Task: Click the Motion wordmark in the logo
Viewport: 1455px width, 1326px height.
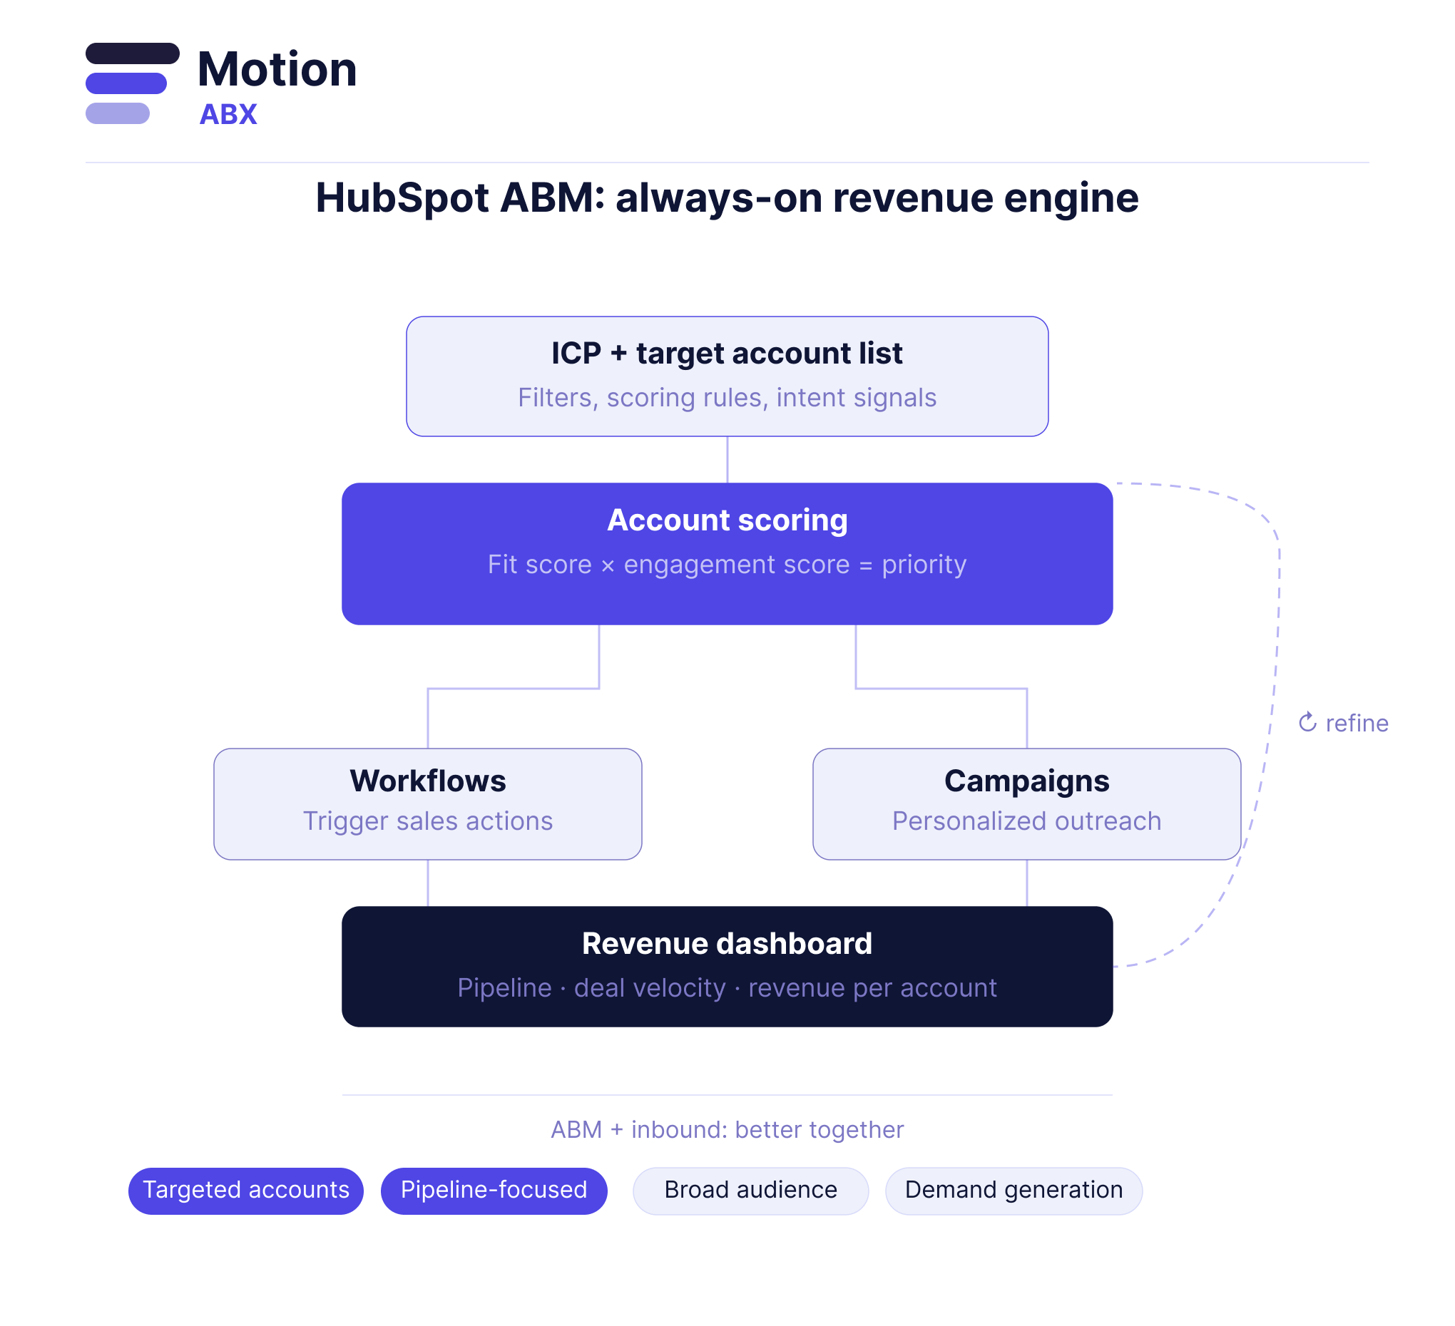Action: tap(277, 70)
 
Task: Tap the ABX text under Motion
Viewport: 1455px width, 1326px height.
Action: tap(228, 115)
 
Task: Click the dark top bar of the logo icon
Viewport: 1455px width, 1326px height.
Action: tap(132, 53)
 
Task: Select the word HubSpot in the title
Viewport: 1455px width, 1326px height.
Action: tap(402, 197)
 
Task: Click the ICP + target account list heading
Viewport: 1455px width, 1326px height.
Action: tap(727, 354)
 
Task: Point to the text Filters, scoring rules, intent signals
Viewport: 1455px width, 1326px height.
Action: tap(727, 398)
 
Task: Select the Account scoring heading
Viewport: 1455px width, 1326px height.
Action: tap(727, 520)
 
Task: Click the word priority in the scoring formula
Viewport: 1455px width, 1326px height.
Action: tap(924, 564)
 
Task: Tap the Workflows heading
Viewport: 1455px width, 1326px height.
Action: tap(427, 781)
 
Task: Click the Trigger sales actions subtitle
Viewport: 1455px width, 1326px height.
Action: tap(427, 821)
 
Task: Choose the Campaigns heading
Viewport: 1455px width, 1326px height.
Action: tap(1026, 781)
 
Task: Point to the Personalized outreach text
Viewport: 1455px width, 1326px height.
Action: tap(1026, 821)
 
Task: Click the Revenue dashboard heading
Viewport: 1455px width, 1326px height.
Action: tap(727, 944)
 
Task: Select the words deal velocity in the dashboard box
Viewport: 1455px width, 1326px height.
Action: tap(650, 987)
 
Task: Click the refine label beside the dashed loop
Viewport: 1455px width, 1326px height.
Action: tap(1356, 723)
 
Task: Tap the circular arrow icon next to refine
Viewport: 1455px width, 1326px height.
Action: tap(1307, 722)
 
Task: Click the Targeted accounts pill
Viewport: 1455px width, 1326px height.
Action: tap(246, 1190)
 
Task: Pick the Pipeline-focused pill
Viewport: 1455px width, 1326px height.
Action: tap(494, 1190)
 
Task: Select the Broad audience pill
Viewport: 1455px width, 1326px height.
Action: tap(750, 1190)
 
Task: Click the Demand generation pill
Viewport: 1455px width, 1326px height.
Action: tap(1014, 1190)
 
